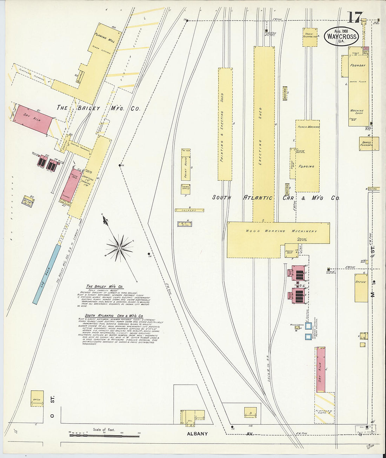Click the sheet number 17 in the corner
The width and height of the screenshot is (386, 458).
pyautogui.click(x=355, y=16)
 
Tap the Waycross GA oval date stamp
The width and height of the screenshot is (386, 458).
pyautogui.click(x=341, y=36)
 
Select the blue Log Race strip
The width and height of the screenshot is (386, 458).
pyautogui.click(x=46, y=274)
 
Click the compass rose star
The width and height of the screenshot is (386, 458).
pyautogui.click(x=119, y=248)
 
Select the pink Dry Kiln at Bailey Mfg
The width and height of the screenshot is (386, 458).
pyautogui.click(x=32, y=119)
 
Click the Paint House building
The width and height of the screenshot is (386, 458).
pyautogui.click(x=186, y=165)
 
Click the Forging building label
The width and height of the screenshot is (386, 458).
pyautogui.click(x=306, y=166)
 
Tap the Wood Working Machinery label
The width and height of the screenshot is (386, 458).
pyautogui.click(x=281, y=231)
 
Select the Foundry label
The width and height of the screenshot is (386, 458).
pyautogui.click(x=358, y=65)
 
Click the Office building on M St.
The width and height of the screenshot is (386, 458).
pyautogui.click(x=361, y=287)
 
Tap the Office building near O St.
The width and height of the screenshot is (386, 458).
pyautogui.click(x=37, y=399)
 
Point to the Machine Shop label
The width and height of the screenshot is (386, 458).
pyautogui.click(x=357, y=112)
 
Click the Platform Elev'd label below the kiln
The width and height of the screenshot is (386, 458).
pyautogui.click(x=324, y=412)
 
